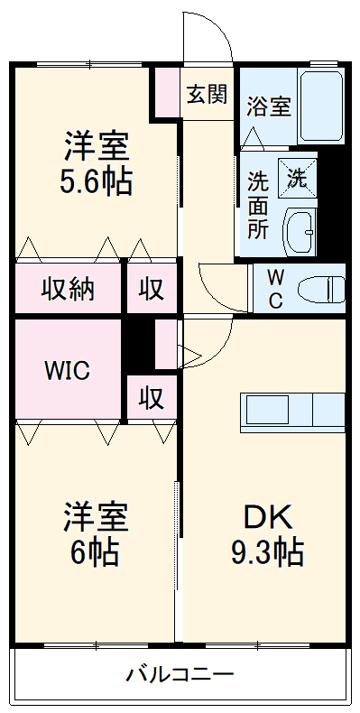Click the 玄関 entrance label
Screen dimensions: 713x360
207,95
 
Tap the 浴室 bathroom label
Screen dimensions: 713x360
269,106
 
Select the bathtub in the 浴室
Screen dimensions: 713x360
321,106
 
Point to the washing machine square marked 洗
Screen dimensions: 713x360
297,175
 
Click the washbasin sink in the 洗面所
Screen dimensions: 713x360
301,232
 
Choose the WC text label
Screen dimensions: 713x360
276,289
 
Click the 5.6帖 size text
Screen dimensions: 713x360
96,181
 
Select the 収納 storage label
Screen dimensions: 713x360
69,290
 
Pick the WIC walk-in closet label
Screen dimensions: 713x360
68,372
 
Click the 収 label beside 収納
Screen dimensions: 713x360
151,290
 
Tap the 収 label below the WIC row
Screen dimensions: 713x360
151,397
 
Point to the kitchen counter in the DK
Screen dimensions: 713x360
292,412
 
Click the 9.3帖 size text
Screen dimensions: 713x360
265,551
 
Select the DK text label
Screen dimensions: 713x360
265,518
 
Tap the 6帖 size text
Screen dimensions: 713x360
95,551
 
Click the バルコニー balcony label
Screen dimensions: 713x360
180,674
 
